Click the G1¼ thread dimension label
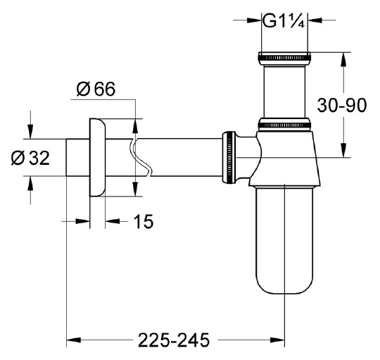click(x=284, y=20)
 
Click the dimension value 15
click(x=142, y=222)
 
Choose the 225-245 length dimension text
click(x=174, y=342)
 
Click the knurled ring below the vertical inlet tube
click(x=284, y=125)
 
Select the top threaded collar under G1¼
click(x=284, y=57)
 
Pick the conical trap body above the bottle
click(x=284, y=159)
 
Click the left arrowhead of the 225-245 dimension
click(x=72, y=342)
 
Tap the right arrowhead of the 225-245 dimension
click(x=279, y=342)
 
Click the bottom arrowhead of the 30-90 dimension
click(x=343, y=151)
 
